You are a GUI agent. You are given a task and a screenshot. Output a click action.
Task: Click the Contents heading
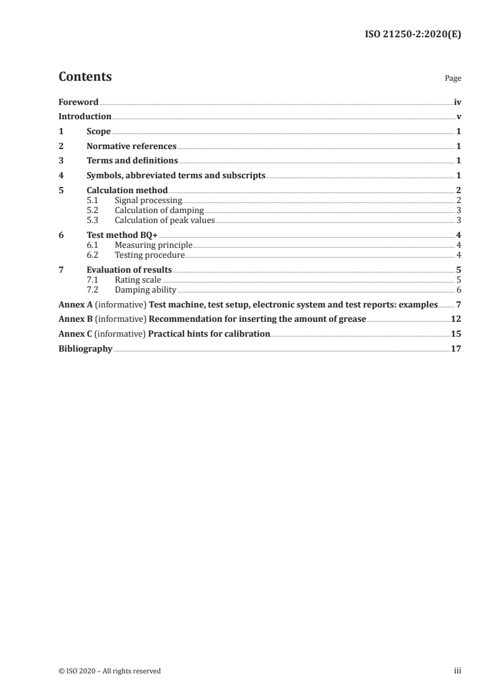point(85,77)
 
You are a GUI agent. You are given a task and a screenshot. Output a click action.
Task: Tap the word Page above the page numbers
point(453,78)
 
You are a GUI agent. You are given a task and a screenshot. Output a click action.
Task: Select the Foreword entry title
point(78,102)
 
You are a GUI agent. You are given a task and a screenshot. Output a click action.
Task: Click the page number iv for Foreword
point(457,102)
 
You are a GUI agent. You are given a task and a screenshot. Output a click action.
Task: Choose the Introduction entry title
point(85,116)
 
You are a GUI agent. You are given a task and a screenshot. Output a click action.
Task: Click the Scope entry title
point(99,132)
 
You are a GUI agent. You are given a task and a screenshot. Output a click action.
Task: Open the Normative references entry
point(132,147)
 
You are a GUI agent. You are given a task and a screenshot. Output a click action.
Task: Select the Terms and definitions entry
point(132,161)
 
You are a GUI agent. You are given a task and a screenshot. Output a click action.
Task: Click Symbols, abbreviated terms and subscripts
point(176,176)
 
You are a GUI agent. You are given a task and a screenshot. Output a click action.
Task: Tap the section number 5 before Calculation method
point(61,190)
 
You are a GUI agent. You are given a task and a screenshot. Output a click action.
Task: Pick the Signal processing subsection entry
point(148,201)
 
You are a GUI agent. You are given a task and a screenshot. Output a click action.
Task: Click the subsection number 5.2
point(92,211)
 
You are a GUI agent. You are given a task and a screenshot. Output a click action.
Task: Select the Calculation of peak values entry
point(165,220)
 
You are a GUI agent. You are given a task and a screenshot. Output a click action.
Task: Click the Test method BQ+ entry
point(122,235)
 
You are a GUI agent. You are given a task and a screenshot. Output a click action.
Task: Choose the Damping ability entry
point(146,289)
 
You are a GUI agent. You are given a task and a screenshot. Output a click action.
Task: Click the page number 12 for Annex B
point(456,319)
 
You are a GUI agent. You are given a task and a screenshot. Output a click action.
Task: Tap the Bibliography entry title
point(85,348)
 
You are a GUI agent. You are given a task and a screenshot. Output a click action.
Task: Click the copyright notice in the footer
point(109,671)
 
